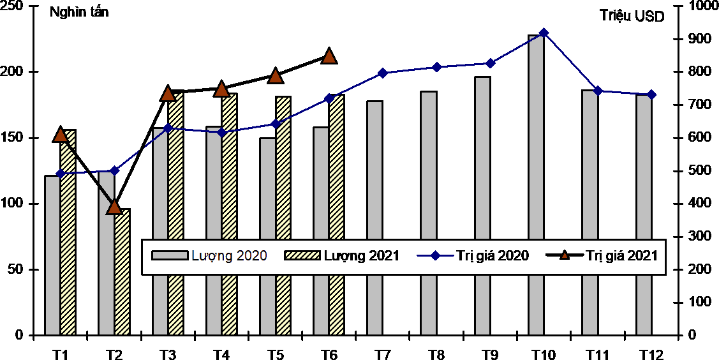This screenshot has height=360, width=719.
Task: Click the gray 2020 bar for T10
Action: [536, 185]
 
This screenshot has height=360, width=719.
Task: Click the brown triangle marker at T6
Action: [329, 56]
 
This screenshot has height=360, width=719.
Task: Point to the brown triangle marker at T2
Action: [114, 206]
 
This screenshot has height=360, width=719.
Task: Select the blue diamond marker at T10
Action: [544, 33]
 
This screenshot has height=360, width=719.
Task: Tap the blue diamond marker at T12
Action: [651, 94]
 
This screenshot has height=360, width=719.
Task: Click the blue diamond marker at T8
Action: [436, 67]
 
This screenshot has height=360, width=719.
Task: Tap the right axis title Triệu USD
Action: [632, 17]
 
